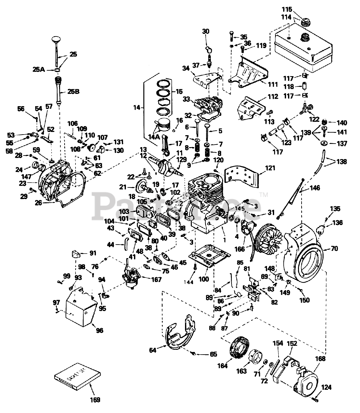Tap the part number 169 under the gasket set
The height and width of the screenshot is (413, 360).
coord(94,400)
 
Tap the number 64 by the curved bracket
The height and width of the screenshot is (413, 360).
coord(153,350)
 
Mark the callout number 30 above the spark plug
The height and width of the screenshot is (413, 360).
coord(206,31)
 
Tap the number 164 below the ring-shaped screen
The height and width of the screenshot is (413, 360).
coord(222,366)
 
